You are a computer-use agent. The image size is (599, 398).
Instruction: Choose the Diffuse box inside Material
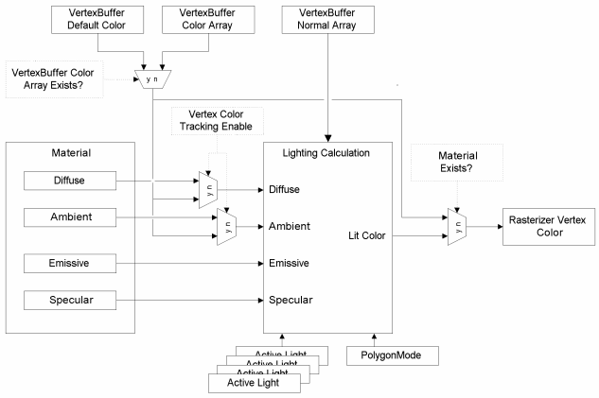click(x=73, y=179)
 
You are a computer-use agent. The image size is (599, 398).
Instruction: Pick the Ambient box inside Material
click(x=73, y=217)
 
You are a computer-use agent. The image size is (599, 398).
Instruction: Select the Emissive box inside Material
click(x=73, y=261)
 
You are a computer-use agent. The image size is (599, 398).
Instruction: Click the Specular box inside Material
click(x=73, y=302)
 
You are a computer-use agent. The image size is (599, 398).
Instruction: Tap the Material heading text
click(x=74, y=152)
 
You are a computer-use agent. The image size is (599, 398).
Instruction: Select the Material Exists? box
click(x=456, y=167)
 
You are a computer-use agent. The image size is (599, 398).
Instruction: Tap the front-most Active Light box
click(x=254, y=383)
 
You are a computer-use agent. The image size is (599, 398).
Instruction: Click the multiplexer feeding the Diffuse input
click(x=208, y=187)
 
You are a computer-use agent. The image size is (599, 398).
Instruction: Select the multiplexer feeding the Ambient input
click(x=227, y=227)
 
